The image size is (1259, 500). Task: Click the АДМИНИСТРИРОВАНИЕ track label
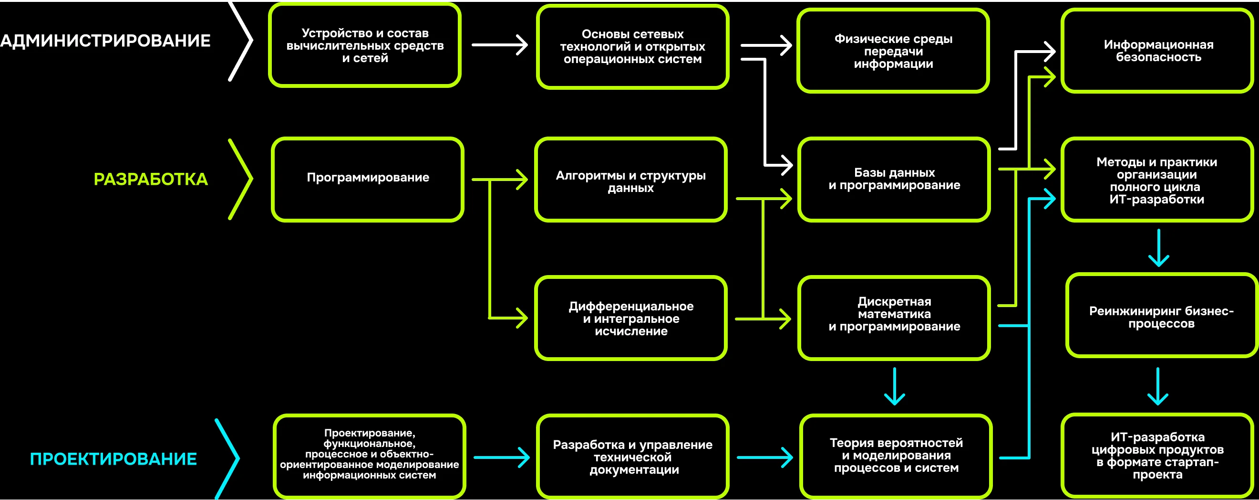click(105, 41)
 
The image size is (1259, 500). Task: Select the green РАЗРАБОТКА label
click(151, 180)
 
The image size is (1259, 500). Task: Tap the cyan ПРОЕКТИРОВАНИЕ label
click(114, 459)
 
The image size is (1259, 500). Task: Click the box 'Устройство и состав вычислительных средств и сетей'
click(365, 45)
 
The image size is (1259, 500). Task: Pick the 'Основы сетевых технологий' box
click(632, 46)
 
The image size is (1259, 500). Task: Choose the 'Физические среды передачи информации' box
click(893, 51)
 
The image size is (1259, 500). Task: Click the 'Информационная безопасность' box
click(1158, 51)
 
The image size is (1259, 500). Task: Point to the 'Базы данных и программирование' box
click(894, 179)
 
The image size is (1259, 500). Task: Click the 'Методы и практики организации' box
click(1156, 180)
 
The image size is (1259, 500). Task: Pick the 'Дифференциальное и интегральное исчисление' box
click(630, 319)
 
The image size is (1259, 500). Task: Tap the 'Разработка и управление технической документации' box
click(632, 457)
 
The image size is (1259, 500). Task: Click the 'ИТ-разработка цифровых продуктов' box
click(1157, 456)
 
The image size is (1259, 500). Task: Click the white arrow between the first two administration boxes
click(499, 45)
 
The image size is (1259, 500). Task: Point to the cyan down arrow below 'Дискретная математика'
click(894, 386)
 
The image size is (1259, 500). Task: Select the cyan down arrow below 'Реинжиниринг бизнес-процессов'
click(1157, 386)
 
